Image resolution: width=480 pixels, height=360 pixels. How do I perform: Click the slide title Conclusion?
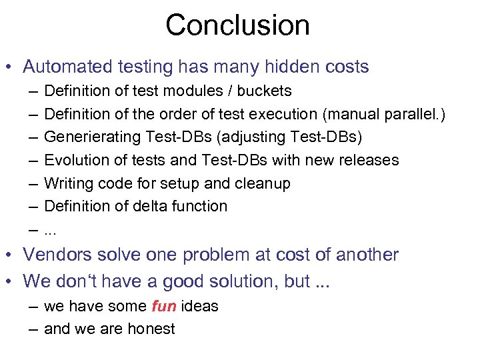tap(237, 26)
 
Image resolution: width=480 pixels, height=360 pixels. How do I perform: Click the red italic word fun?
tap(163, 307)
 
